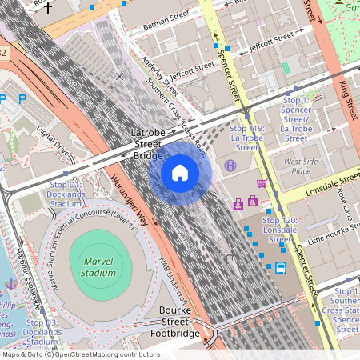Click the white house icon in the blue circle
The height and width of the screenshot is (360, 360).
(x=180, y=172)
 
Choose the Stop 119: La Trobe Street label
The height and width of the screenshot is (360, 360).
(x=246, y=137)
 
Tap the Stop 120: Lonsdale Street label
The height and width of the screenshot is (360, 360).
(x=280, y=230)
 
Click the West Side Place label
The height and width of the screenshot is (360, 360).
(x=301, y=166)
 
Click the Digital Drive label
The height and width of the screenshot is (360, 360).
(x=54, y=141)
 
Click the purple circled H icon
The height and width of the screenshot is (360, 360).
(x=230, y=166)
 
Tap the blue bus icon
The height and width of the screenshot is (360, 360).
(x=281, y=268)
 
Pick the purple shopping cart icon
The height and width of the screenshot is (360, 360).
(x=261, y=183)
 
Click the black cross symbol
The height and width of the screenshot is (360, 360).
(x=48, y=9)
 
